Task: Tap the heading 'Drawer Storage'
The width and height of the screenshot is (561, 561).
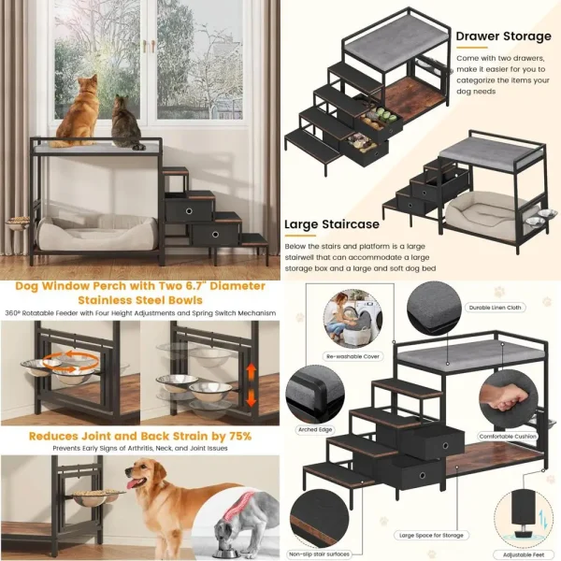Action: [x=503, y=36]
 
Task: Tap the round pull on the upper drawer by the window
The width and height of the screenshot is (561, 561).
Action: [x=188, y=212]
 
